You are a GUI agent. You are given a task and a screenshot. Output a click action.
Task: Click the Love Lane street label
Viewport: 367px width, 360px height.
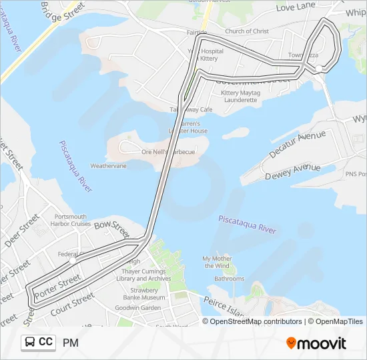point(295,7)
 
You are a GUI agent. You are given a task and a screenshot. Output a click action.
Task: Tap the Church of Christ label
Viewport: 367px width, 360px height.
point(247,31)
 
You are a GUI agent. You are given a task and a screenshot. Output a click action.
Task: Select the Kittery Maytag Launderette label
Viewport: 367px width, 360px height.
point(239,96)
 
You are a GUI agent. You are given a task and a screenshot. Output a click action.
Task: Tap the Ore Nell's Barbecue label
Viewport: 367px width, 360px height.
point(168,152)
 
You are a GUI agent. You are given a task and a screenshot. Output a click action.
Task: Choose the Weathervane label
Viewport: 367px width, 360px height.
point(108,165)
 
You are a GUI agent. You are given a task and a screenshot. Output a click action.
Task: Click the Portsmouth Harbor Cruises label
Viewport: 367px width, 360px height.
point(70,220)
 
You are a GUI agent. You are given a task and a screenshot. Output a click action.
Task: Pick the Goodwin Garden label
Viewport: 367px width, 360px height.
point(137,308)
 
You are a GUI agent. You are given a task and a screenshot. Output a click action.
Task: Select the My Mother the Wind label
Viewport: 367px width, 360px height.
point(218,262)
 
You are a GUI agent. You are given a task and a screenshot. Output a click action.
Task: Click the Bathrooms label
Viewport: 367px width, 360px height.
point(230,279)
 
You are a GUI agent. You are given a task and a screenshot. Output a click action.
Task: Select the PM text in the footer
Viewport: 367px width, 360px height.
point(71,343)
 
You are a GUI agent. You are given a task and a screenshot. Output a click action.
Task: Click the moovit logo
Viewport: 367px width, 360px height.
point(316,343)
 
